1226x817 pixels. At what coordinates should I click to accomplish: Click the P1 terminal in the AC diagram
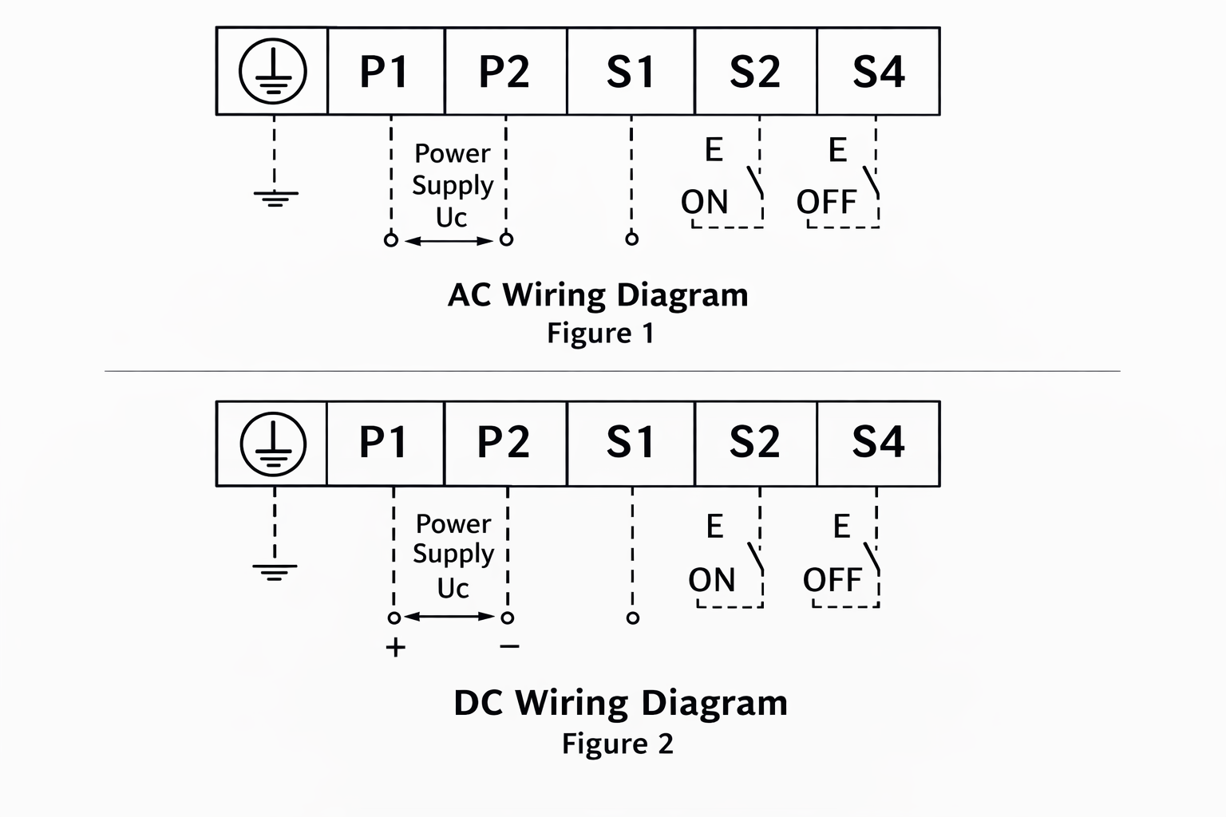click(x=385, y=72)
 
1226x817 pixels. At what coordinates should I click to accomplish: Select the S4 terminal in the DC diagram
click(x=878, y=443)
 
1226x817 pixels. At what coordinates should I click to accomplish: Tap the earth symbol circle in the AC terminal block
click(x=273, y=72)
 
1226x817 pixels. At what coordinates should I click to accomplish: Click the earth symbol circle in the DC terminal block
click(x=273, y=444)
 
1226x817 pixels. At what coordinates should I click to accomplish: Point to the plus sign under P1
click(x=395, y=647)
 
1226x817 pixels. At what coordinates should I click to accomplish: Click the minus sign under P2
click(x=509, y=646)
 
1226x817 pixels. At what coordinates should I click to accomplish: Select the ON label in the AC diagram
click(x=705, y=202)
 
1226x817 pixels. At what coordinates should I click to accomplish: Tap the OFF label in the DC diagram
click(x=832, y=580)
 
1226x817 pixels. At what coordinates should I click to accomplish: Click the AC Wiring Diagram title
click(x=598, y=295)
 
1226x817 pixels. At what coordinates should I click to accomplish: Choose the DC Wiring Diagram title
click(x=620, y=703)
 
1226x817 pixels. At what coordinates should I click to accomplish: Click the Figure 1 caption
click(x=600, y=333)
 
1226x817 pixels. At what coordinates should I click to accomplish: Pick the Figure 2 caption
click(x=617, y=744)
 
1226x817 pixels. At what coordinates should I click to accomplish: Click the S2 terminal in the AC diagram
click(x=755, y=72)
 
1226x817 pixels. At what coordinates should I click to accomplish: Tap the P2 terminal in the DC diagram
click(x=504, y=443)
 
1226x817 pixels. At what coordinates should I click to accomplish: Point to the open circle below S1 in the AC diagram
click(x=631, y=239)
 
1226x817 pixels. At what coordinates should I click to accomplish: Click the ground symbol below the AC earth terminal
click(x=275, y=197)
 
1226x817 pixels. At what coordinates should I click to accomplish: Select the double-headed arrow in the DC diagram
click(x=450, y=617)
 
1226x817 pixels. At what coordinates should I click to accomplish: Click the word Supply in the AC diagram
click(x=453, y=185)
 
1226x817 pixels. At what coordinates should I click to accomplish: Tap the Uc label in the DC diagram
click(x=453, y=588)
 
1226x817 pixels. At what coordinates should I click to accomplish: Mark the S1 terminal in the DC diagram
click(x=631, y=443)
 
